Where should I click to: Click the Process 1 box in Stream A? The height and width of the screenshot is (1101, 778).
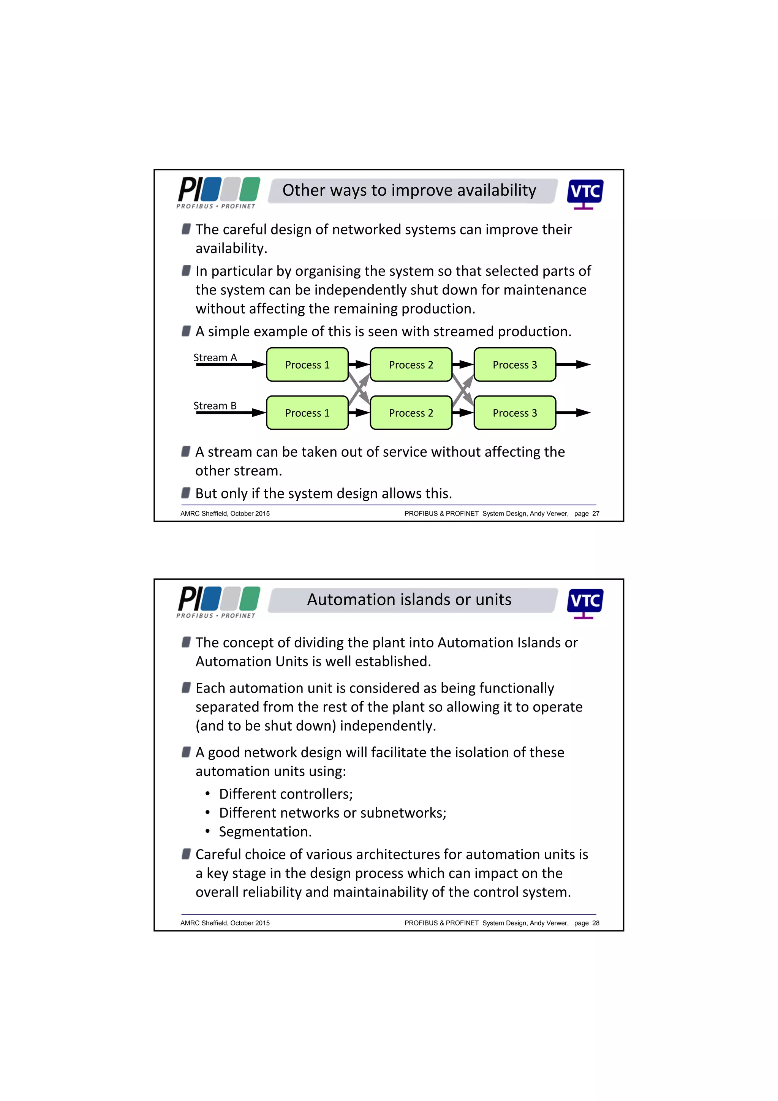(307, 364)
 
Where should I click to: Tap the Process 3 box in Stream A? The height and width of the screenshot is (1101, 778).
(514, 364)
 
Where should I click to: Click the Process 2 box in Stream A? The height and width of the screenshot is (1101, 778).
(411, 364)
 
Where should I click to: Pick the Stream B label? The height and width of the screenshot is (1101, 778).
(215, 406)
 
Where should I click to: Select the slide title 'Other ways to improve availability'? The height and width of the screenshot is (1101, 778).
(409, 190)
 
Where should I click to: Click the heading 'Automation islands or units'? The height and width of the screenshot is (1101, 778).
(409, 600)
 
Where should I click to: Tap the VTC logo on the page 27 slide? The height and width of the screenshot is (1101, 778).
(585, 194)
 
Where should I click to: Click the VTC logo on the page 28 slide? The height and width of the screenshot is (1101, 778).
(585, 603)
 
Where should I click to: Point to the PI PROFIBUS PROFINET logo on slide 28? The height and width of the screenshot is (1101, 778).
(218, 602)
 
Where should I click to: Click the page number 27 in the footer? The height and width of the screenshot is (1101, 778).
(595, 514)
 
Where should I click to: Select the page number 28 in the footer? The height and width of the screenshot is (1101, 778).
(595, 923)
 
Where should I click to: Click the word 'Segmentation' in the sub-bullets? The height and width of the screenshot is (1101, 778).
(264, 832)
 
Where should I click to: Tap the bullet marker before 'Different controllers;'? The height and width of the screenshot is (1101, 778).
(207, 794)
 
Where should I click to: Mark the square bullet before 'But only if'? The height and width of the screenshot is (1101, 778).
(186, 493)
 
